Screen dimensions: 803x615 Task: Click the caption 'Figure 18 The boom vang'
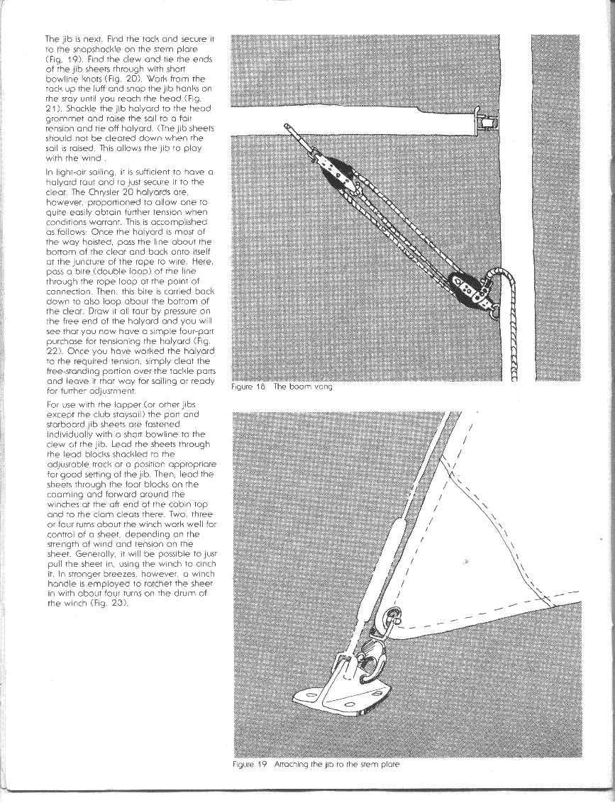(x=282, y=387)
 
